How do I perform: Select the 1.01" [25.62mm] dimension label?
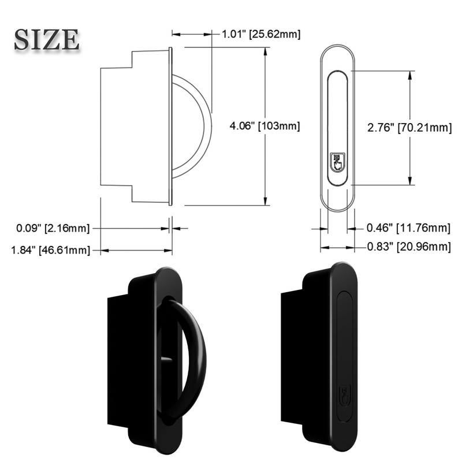pos(261,34)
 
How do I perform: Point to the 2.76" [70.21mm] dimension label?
pos(409,128)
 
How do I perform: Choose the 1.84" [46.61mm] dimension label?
pos(50,250)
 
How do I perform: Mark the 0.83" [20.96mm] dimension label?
pos(408,247)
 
